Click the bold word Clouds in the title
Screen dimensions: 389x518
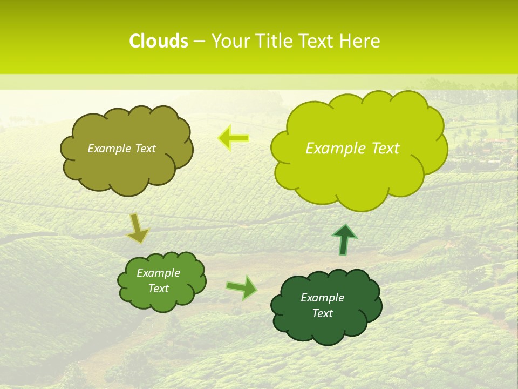point(158,41)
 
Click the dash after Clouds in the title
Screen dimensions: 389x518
point(199,42)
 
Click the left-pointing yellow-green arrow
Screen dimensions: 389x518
point(233,138)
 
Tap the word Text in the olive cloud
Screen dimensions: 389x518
point(144,149)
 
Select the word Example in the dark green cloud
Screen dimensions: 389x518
point(322,298)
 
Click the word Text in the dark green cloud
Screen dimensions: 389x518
point(322,313)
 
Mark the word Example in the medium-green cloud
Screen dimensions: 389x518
point(158,273)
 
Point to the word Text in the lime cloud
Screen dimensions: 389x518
point(386,148)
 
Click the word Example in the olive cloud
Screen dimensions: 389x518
point(109,149)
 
